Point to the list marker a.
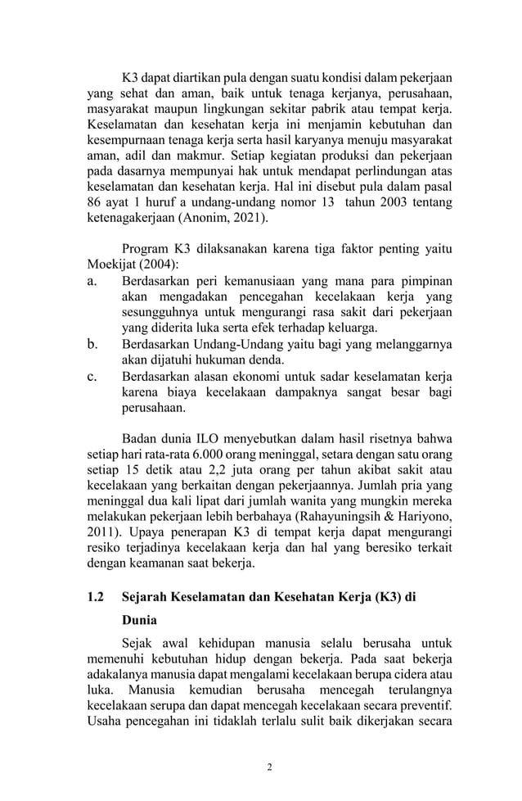coord(92,281)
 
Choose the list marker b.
coord(92,344)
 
